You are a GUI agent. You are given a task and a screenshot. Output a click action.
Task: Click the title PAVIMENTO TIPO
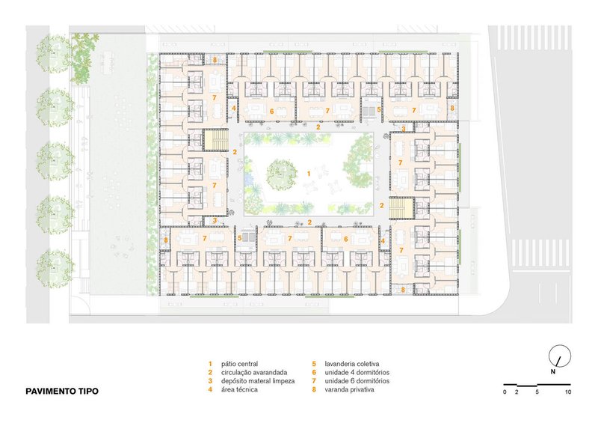(x=62, y=392)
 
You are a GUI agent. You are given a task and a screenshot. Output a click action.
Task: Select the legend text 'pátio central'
(x=239, y=364)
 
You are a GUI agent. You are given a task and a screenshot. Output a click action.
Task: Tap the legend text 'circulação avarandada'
(x=254, y=373)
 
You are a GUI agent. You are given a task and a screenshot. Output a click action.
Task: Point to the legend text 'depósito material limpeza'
(x=258, y=381)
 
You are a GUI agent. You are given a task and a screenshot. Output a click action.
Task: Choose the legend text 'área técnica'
(x=239, y=390)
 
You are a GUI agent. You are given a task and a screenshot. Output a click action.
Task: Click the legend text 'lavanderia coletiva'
(x=351, y=364)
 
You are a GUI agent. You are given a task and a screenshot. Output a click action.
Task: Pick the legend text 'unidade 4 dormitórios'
(x=357, y=373)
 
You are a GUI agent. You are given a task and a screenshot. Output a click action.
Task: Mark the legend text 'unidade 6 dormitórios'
(x=357, y=381)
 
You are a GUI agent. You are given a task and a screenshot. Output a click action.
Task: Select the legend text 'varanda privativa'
(x=349, y=390)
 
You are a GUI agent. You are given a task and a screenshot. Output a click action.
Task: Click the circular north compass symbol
(x=560, y=356)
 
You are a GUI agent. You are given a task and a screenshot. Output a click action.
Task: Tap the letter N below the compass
(x=552, y=372)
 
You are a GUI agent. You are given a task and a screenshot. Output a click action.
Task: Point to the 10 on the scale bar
(x=568, y=392)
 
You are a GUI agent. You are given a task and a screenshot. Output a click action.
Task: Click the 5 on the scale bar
(x=537, y=392)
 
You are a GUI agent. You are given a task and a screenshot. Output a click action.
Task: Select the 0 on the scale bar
(x=505, y=392)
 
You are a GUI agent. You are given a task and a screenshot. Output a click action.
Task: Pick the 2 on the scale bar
(x=517, y=392)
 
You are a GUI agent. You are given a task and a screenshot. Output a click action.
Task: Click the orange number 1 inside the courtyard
(x=309, y=174)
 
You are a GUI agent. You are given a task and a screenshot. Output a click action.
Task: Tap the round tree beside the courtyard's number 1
(x=282, y=174)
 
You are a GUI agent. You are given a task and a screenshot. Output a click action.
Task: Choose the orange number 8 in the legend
(x=314, y=390)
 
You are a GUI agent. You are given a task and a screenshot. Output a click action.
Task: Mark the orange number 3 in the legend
(x=210, y=381)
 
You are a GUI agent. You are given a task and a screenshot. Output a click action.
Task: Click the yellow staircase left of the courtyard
(x=216, y=139)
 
